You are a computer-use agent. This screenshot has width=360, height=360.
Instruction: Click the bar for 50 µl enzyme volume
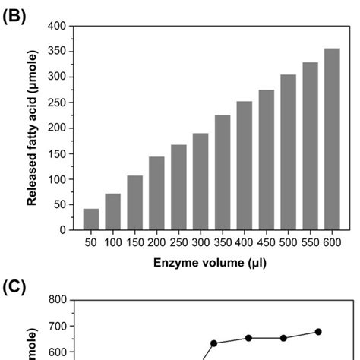91,219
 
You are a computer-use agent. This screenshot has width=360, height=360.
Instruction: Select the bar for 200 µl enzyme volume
156,193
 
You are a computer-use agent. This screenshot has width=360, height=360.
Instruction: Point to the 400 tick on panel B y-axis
56,27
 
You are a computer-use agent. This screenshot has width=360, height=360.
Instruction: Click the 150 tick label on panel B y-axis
56,153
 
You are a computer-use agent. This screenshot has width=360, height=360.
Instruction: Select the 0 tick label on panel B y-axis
62,230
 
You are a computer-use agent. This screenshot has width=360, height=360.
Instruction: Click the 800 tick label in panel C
56,301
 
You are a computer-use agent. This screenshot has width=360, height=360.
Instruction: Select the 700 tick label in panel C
56,327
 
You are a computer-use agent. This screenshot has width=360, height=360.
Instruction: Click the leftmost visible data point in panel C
213,343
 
